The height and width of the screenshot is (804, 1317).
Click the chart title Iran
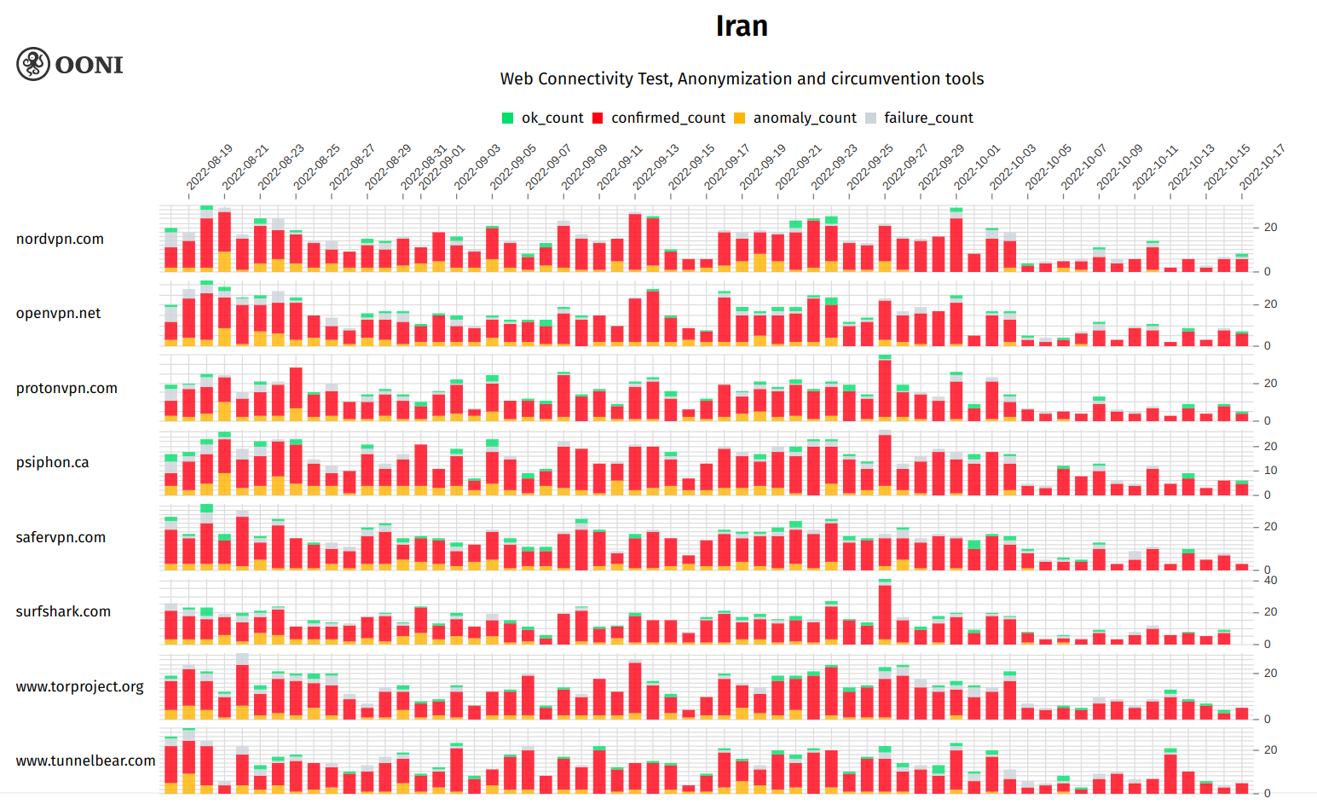coord(742,26)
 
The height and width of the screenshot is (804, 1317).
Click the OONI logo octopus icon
coord(33,64)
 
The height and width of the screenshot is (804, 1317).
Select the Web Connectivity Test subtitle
coord(742,78)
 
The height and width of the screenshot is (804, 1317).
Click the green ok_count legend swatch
coord(508,119)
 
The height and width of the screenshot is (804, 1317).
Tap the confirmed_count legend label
coord(667,118)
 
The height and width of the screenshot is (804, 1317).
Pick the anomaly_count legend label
coord(804,118)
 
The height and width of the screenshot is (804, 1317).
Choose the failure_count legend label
coord(927,118)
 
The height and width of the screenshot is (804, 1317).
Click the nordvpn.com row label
coord(60,239)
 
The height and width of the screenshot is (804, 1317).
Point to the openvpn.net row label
coord(58,313)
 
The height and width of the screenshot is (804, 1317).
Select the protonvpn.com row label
coord(66,388)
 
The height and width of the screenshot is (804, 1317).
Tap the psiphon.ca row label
coord(52,462)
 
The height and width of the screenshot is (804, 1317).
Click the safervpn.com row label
coord(61,537)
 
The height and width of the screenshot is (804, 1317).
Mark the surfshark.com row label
coord(63,611)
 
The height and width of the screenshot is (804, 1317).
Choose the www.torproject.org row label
coord(79,686)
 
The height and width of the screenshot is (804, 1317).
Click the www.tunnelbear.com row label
coord(85,761)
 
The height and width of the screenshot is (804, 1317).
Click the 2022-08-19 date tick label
coord(210,167)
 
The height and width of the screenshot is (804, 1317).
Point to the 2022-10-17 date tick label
coord(1262,167)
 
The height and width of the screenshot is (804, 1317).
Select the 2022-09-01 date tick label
coord(442,167)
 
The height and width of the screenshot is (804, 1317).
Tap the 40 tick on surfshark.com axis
coord(1270,581)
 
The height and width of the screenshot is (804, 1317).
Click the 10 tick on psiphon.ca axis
coord(1270,471)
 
